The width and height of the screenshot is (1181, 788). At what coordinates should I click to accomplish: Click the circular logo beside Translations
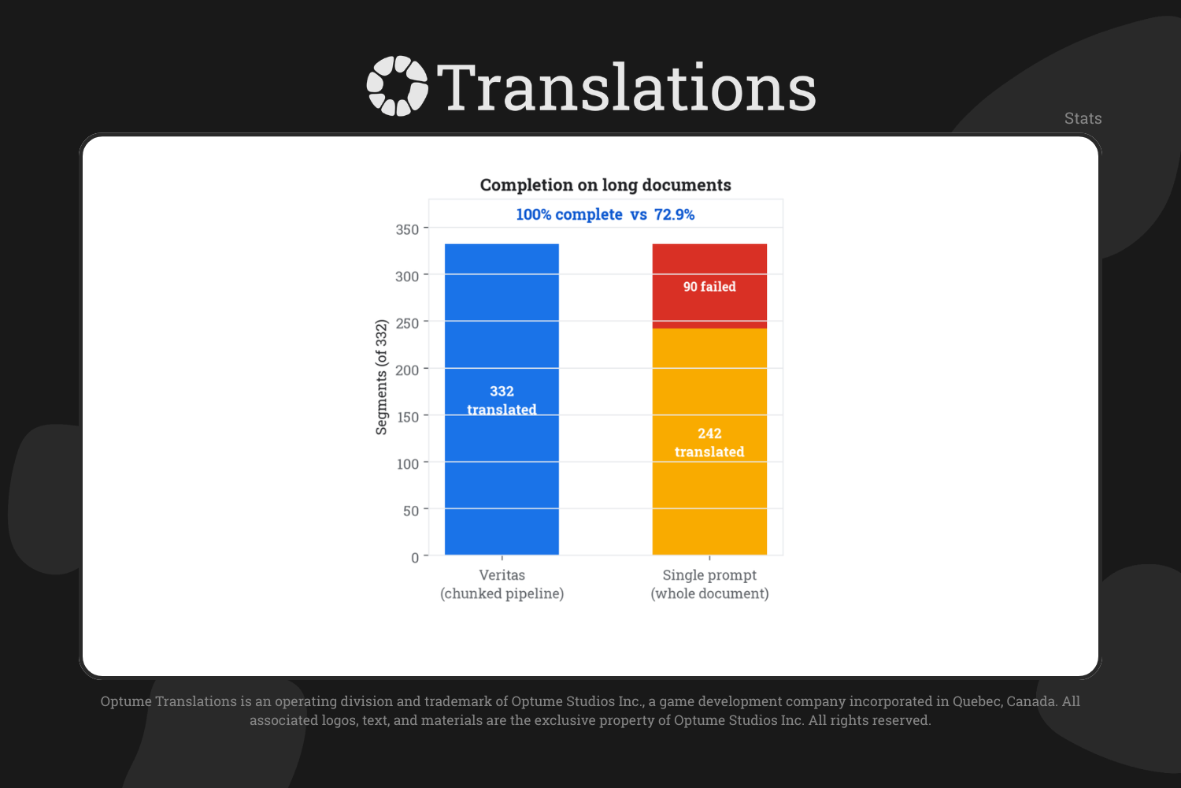coord(397,86)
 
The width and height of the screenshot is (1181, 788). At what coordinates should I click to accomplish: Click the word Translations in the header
coord(627,87)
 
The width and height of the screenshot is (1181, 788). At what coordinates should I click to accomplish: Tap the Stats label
coord(1083,118)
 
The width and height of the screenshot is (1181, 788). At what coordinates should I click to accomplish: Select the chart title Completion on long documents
coord(605,184)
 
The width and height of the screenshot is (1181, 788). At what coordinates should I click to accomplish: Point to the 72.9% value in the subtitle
coord(674,214)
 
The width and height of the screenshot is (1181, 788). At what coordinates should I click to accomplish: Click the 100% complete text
coord(569,214)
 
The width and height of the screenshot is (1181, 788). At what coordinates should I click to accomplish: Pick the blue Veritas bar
coord(502,400)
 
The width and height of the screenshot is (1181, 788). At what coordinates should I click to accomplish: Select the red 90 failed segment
coord(709,286)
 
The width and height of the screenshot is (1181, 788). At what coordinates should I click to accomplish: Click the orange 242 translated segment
coord(709,442)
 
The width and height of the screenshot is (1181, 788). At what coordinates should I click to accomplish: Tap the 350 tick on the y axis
coord(407,229)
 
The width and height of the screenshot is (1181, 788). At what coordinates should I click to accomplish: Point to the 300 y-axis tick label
coord(407,276)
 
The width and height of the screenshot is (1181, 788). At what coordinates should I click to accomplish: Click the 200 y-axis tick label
coord(407,370)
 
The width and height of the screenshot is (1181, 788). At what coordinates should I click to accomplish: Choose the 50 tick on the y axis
coord(411,511)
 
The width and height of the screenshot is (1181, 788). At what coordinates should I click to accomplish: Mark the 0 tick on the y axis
coord(415,558)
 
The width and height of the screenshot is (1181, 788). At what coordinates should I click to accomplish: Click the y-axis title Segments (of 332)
coord(381,377)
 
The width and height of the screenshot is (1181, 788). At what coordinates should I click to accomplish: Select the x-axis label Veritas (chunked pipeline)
coord(502,584)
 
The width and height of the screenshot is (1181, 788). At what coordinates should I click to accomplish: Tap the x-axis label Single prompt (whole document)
coord(709,584)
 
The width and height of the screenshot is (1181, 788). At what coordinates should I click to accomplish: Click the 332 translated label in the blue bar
coord(502,400)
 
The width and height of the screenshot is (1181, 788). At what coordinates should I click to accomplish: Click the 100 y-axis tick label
coord(408,464)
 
